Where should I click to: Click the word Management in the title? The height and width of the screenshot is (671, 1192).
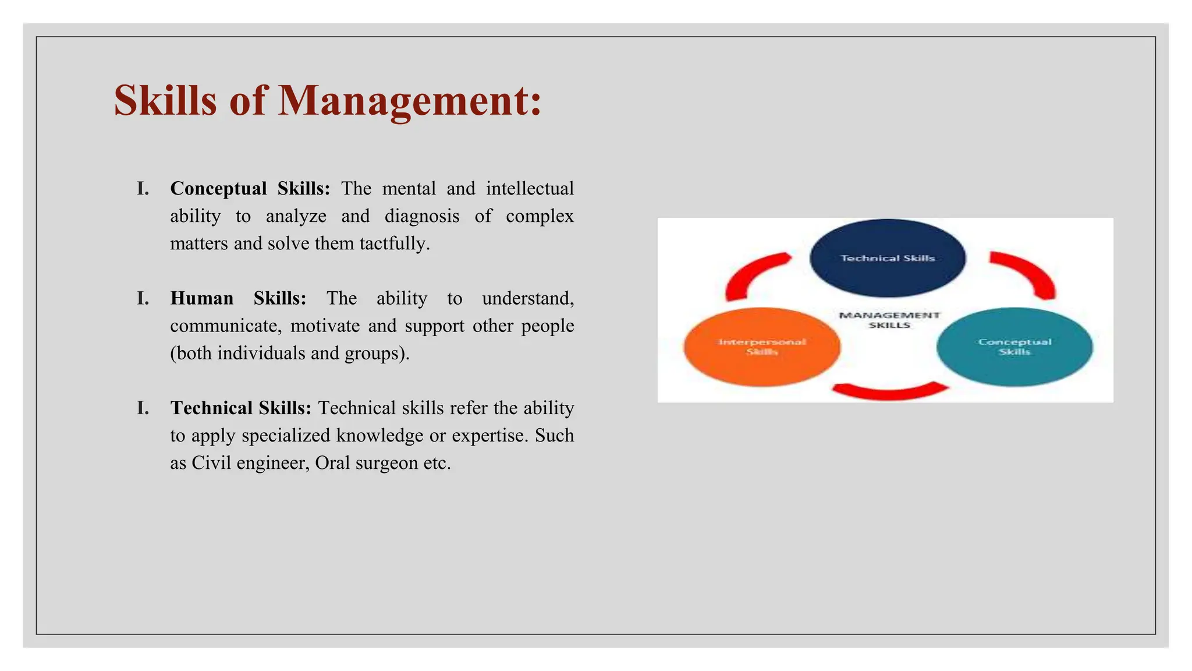(410, 101)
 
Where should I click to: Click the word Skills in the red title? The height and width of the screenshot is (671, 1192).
(165, 101)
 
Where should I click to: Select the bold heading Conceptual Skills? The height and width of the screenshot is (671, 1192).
(250, 188)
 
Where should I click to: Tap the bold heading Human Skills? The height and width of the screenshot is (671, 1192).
(238, 298)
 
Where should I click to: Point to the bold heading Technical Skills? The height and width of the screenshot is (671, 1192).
(241, 408)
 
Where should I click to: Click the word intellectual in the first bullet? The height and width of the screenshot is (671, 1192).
(530, 188)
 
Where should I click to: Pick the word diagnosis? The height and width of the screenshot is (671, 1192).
(421, 216)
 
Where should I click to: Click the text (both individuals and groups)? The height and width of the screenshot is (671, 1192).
(290, 353)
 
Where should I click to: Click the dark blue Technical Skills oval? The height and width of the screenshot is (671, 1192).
(887, 258)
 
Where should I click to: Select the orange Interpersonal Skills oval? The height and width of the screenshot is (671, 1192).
(762, 347)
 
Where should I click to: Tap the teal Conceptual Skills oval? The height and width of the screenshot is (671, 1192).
(1014, 347)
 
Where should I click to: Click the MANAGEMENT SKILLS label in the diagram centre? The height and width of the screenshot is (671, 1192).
(889, 320)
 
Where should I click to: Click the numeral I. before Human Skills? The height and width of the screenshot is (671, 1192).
(143, 298)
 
